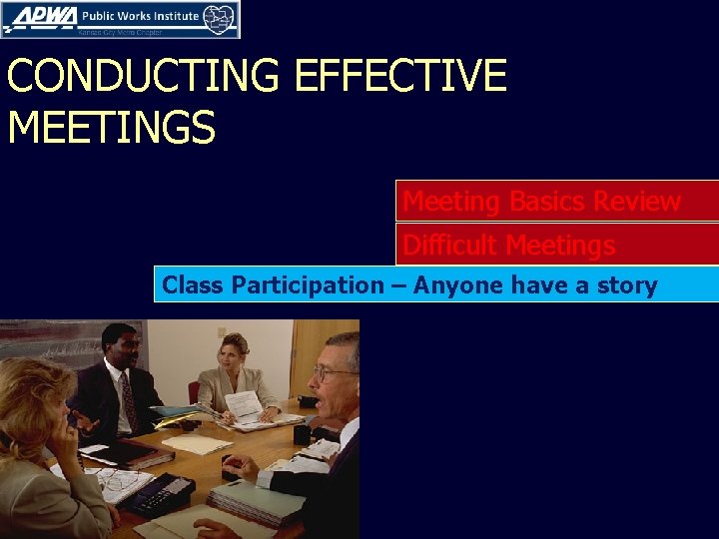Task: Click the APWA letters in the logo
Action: (x=39, y=17)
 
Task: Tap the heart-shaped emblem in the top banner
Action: (x=220, y=18)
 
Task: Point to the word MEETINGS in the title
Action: (x=111, y=128)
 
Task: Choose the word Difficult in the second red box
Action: (x=450, y=245)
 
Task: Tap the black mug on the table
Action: (x=301, y=435)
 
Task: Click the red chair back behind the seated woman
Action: (x=194, y=392)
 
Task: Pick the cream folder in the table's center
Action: (x=197, y=445)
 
